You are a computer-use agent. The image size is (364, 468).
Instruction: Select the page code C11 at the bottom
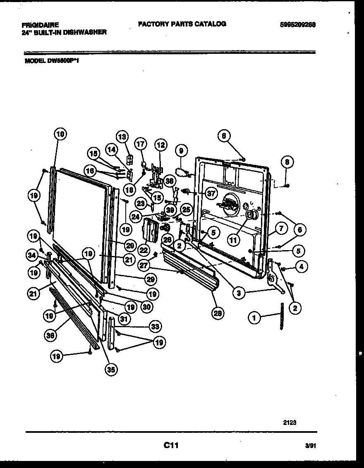pyautogui.click(x=170, y=445)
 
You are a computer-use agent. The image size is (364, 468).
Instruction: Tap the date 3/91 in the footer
pyautogui.click(x=310, y=446)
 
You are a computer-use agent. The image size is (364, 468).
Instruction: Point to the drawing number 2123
pyautogui.click(x=290, y=422)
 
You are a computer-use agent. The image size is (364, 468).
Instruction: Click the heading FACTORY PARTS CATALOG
pyautogui.click(x=182, y=24)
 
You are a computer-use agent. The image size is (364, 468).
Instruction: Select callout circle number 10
pyautogui.click(x=60, y=134)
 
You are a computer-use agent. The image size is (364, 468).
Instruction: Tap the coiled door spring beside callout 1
pyautogui.click(x=281, y=316)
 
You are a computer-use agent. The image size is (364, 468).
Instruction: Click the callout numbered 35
pyautogui.click(x=110, y=370)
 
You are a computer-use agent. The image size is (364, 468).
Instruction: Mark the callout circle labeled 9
pyautogui.click(x=181, y=150)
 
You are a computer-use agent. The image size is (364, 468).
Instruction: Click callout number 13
pyautogui.click(x=122, y=137)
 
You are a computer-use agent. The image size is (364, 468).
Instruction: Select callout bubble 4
pyautogui.click(x=301, y=268)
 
